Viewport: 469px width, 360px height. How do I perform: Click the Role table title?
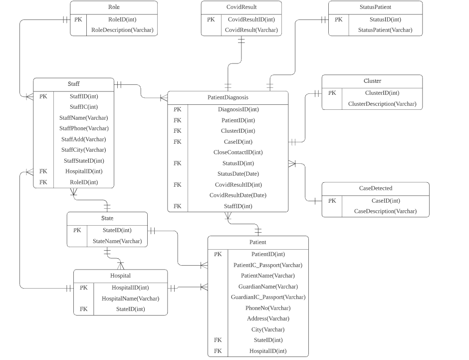[114, 7]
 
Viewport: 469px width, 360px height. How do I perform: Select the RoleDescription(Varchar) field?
[122, 30]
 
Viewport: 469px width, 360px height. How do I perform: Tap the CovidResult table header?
[241, 7]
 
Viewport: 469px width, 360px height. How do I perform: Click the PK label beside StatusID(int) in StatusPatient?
[338, 19]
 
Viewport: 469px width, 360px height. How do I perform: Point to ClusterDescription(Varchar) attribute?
[382, 104]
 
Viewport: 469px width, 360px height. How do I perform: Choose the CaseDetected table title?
[375, 188]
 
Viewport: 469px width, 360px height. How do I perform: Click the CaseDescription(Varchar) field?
[385, 211]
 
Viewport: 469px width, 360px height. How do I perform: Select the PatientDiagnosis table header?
[228, 97]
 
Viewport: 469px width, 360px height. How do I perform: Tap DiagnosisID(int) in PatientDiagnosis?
[238, 109]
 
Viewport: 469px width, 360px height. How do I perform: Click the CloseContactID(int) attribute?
[238, 152]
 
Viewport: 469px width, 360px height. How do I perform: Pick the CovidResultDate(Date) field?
[238, 195]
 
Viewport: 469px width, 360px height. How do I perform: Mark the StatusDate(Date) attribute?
[238, 174]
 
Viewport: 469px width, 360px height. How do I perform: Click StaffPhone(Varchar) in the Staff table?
[84, 128]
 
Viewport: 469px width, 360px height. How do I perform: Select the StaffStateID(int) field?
[84, 161]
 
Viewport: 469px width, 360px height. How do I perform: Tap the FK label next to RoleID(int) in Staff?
[43, 182]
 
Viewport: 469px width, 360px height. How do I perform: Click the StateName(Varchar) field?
[117, 241]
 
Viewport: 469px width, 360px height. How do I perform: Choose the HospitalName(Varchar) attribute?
[130, 299]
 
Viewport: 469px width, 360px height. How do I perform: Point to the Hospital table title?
[120, 276]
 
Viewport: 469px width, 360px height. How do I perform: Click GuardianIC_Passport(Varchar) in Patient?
[268, 297]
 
